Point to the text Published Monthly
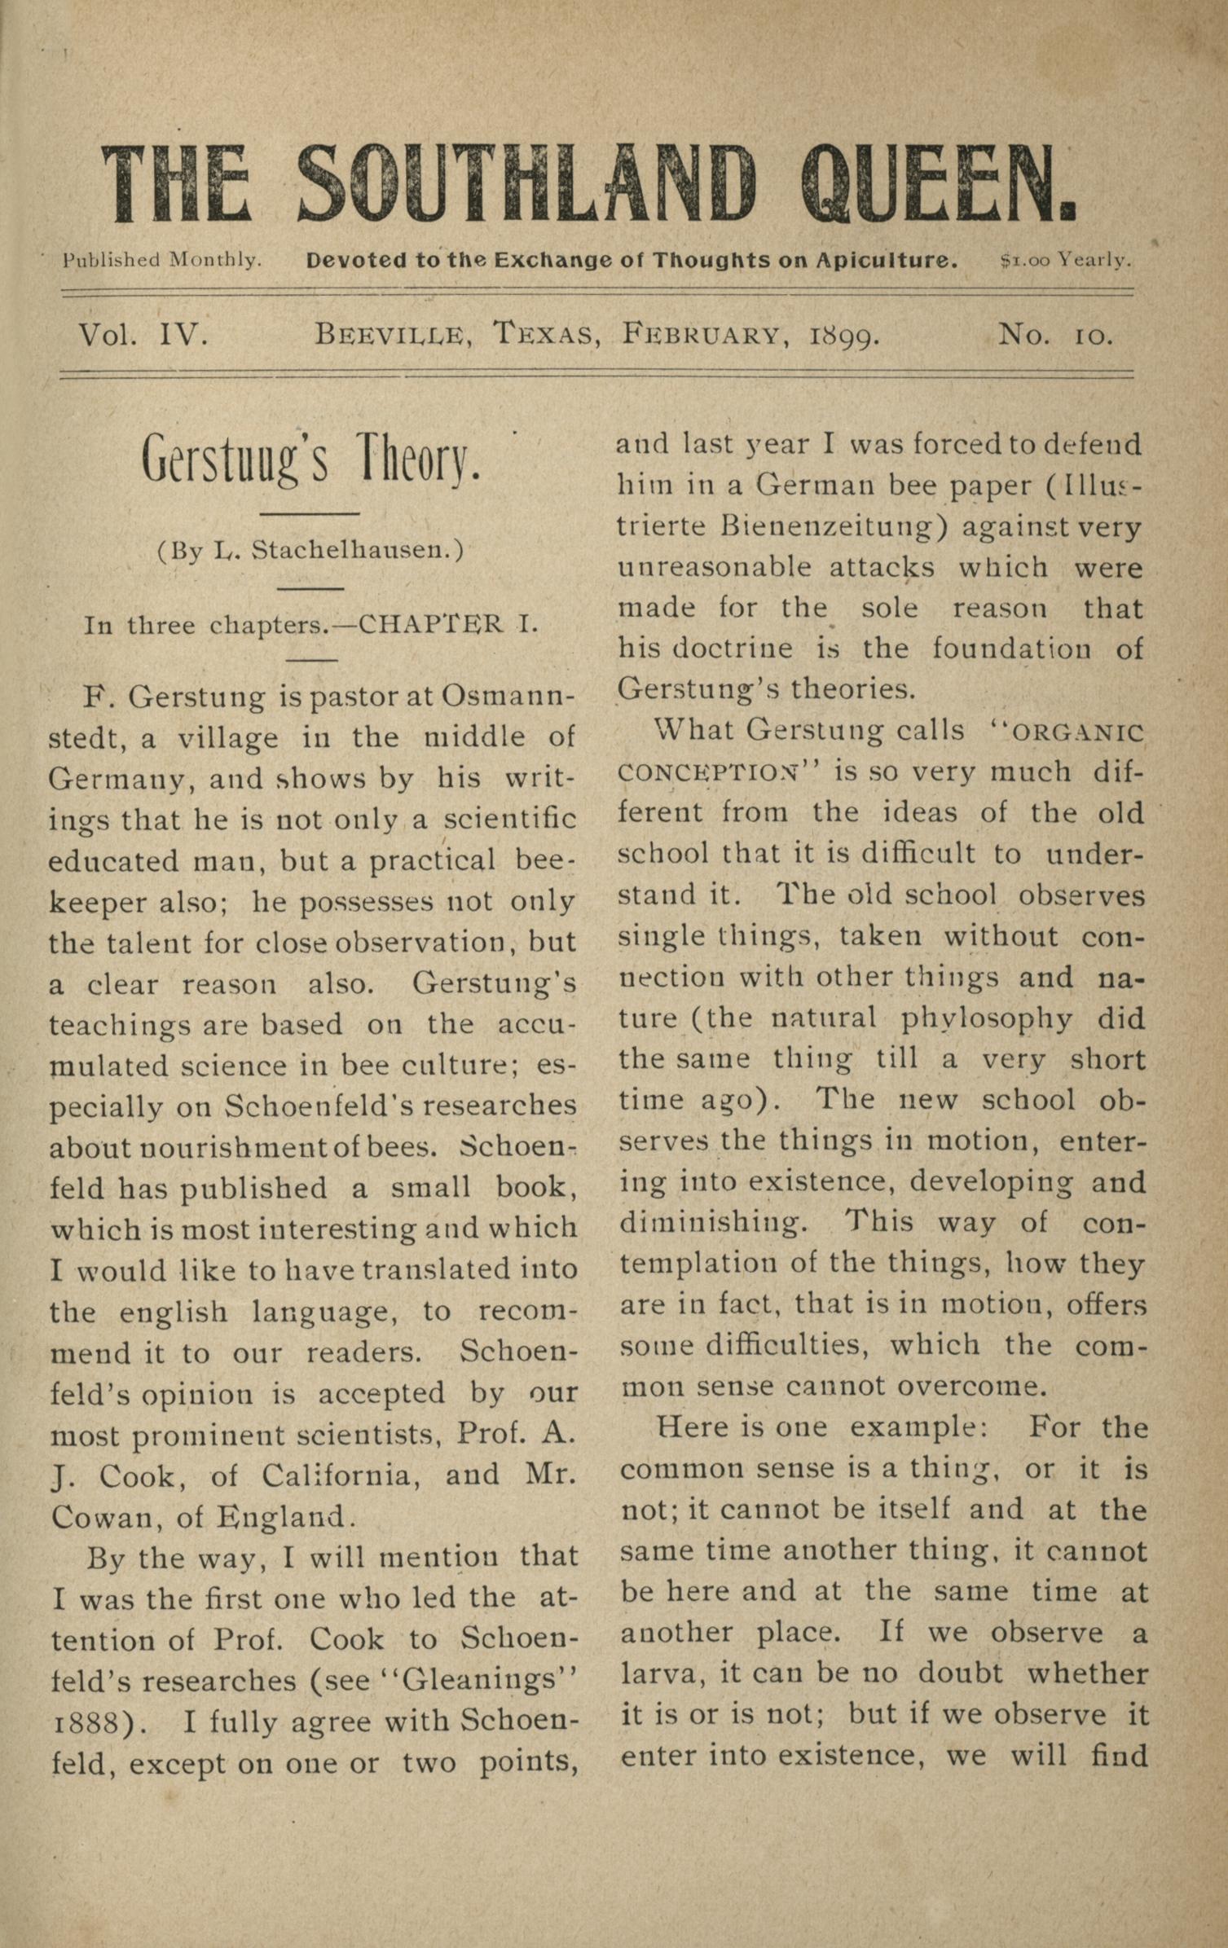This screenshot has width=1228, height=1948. [162, 261]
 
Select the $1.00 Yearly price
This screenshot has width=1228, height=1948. [1065, 261]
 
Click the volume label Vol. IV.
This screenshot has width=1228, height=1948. [143, 334]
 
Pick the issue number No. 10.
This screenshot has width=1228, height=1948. [1055, 334]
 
